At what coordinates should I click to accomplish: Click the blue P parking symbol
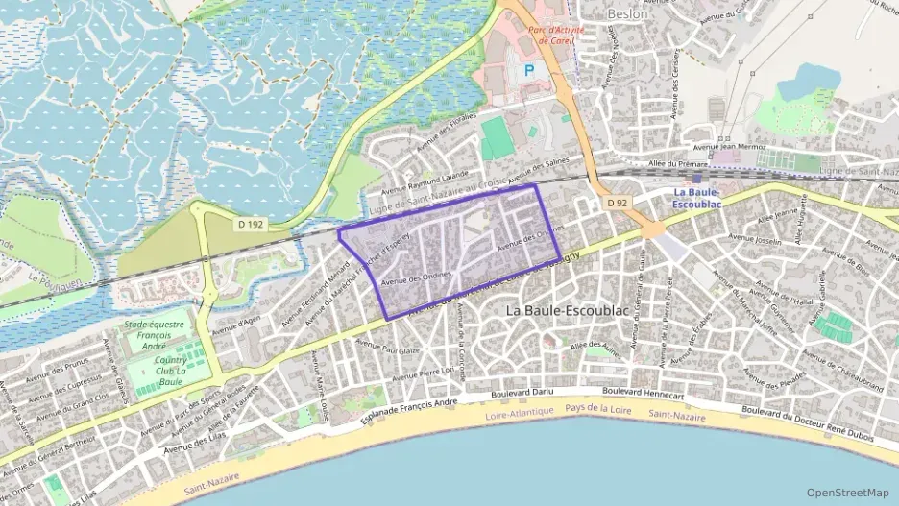click(x=529, y=71)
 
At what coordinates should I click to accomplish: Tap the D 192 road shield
click(x=250, y=225)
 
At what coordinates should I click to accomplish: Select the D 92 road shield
click(x=617, y=204)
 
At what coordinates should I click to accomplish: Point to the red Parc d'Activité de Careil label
click(x=556, y=36)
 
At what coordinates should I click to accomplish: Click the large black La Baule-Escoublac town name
click(x=565, y=311)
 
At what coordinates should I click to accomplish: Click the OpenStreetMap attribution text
click(x=848, y=493)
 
